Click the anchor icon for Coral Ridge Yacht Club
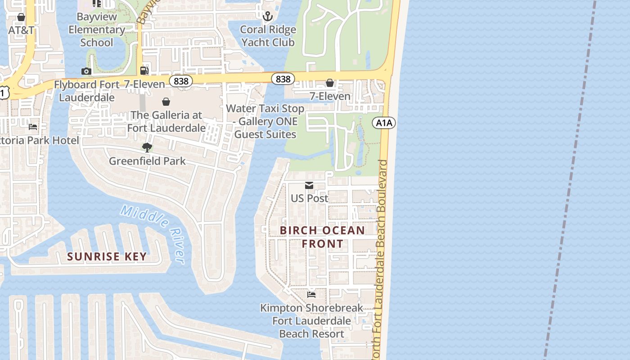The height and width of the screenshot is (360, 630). tap(268, 17)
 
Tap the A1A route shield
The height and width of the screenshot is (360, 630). tap(384, 122)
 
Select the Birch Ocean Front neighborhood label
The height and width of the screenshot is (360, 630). tap(322, 237)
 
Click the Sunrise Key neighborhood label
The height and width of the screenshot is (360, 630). tap(107, 256)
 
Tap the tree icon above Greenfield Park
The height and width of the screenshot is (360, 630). tap(147, 148)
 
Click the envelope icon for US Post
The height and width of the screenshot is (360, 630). tap(309, 185)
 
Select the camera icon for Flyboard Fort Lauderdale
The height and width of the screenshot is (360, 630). tap(86, 71)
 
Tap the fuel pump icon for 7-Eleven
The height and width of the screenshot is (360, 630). tap(144, 71)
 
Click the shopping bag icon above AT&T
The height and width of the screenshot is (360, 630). tap(21, 17)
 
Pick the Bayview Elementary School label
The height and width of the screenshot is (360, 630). tap(97, 30)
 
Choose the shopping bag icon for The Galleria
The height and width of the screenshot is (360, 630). tap(166, 102)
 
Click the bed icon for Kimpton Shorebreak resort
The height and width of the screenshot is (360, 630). tap(311, 295)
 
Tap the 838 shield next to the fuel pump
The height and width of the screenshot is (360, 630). tap(181, 81)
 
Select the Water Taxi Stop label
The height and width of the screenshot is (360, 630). tap(265, 121)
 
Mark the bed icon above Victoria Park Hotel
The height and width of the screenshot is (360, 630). tap(33, 127)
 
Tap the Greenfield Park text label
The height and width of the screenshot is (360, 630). tap(147, 161)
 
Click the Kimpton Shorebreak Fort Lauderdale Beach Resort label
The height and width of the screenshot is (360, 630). tap(311, 321)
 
